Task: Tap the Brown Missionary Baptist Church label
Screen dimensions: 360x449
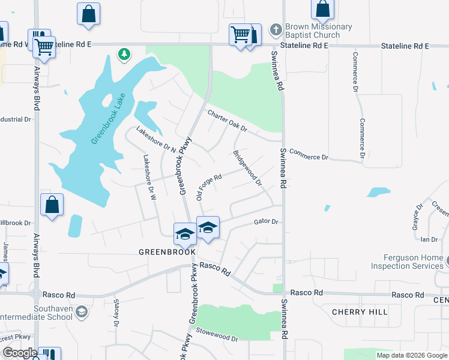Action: pos(318,31)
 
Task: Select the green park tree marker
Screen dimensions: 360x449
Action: pos(124,55)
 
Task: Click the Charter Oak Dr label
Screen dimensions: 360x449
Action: pos(227,121)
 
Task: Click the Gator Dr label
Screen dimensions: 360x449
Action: pos(266,221)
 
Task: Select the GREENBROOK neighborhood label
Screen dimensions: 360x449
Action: pos(167,252)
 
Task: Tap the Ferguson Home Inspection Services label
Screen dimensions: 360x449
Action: pos(406,262)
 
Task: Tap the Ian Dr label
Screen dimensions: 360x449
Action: pos(429,239)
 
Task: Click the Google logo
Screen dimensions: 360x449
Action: pos(20,353)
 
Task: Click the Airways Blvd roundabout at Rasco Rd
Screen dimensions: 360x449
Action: pos(36,294)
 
